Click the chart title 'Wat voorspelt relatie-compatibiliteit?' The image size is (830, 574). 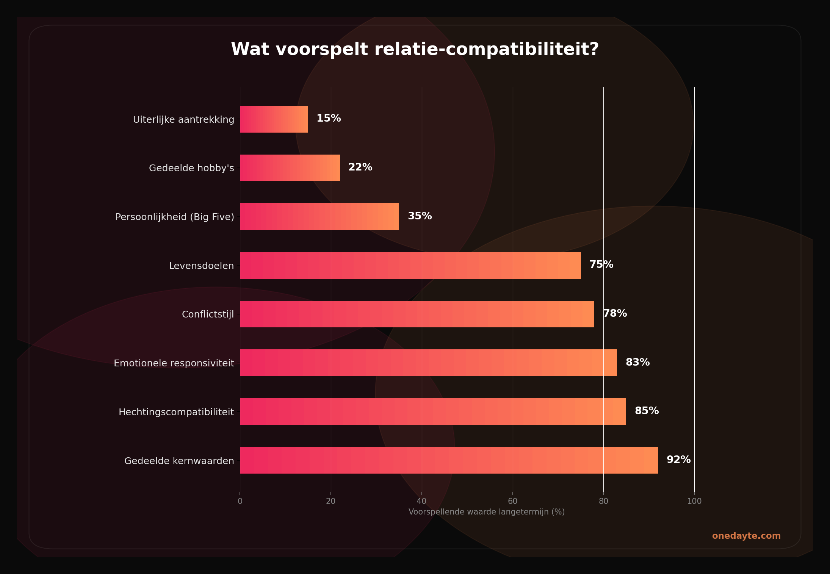tap(415, 50)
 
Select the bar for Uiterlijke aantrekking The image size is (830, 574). tap(274, 119)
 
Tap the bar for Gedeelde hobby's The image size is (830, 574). tap(290, 168)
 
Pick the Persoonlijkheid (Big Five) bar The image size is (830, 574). tap(319, 216)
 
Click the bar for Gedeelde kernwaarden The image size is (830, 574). tap(449, 460)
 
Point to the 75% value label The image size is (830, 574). tap(601, 265)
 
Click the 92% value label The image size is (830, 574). tap(678, 460)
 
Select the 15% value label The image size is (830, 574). tap(329, 119)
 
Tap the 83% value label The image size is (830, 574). tap(637, 363)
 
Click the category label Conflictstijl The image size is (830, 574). tap(208, 314)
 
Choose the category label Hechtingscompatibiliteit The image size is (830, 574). tap(176, 412)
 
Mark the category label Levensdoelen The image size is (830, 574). tap(201, 266)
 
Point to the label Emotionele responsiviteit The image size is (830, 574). tap(174, 363)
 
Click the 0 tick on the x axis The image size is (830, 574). tap(240, 501)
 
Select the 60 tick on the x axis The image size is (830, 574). tap(512, 501)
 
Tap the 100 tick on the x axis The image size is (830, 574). tap(694, 501)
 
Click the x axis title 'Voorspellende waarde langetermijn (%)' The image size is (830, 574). tap(486, 512)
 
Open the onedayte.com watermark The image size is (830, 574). tap(746, 536)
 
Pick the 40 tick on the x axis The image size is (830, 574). tap(421, 501)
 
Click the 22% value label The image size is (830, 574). tap(360, 167)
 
